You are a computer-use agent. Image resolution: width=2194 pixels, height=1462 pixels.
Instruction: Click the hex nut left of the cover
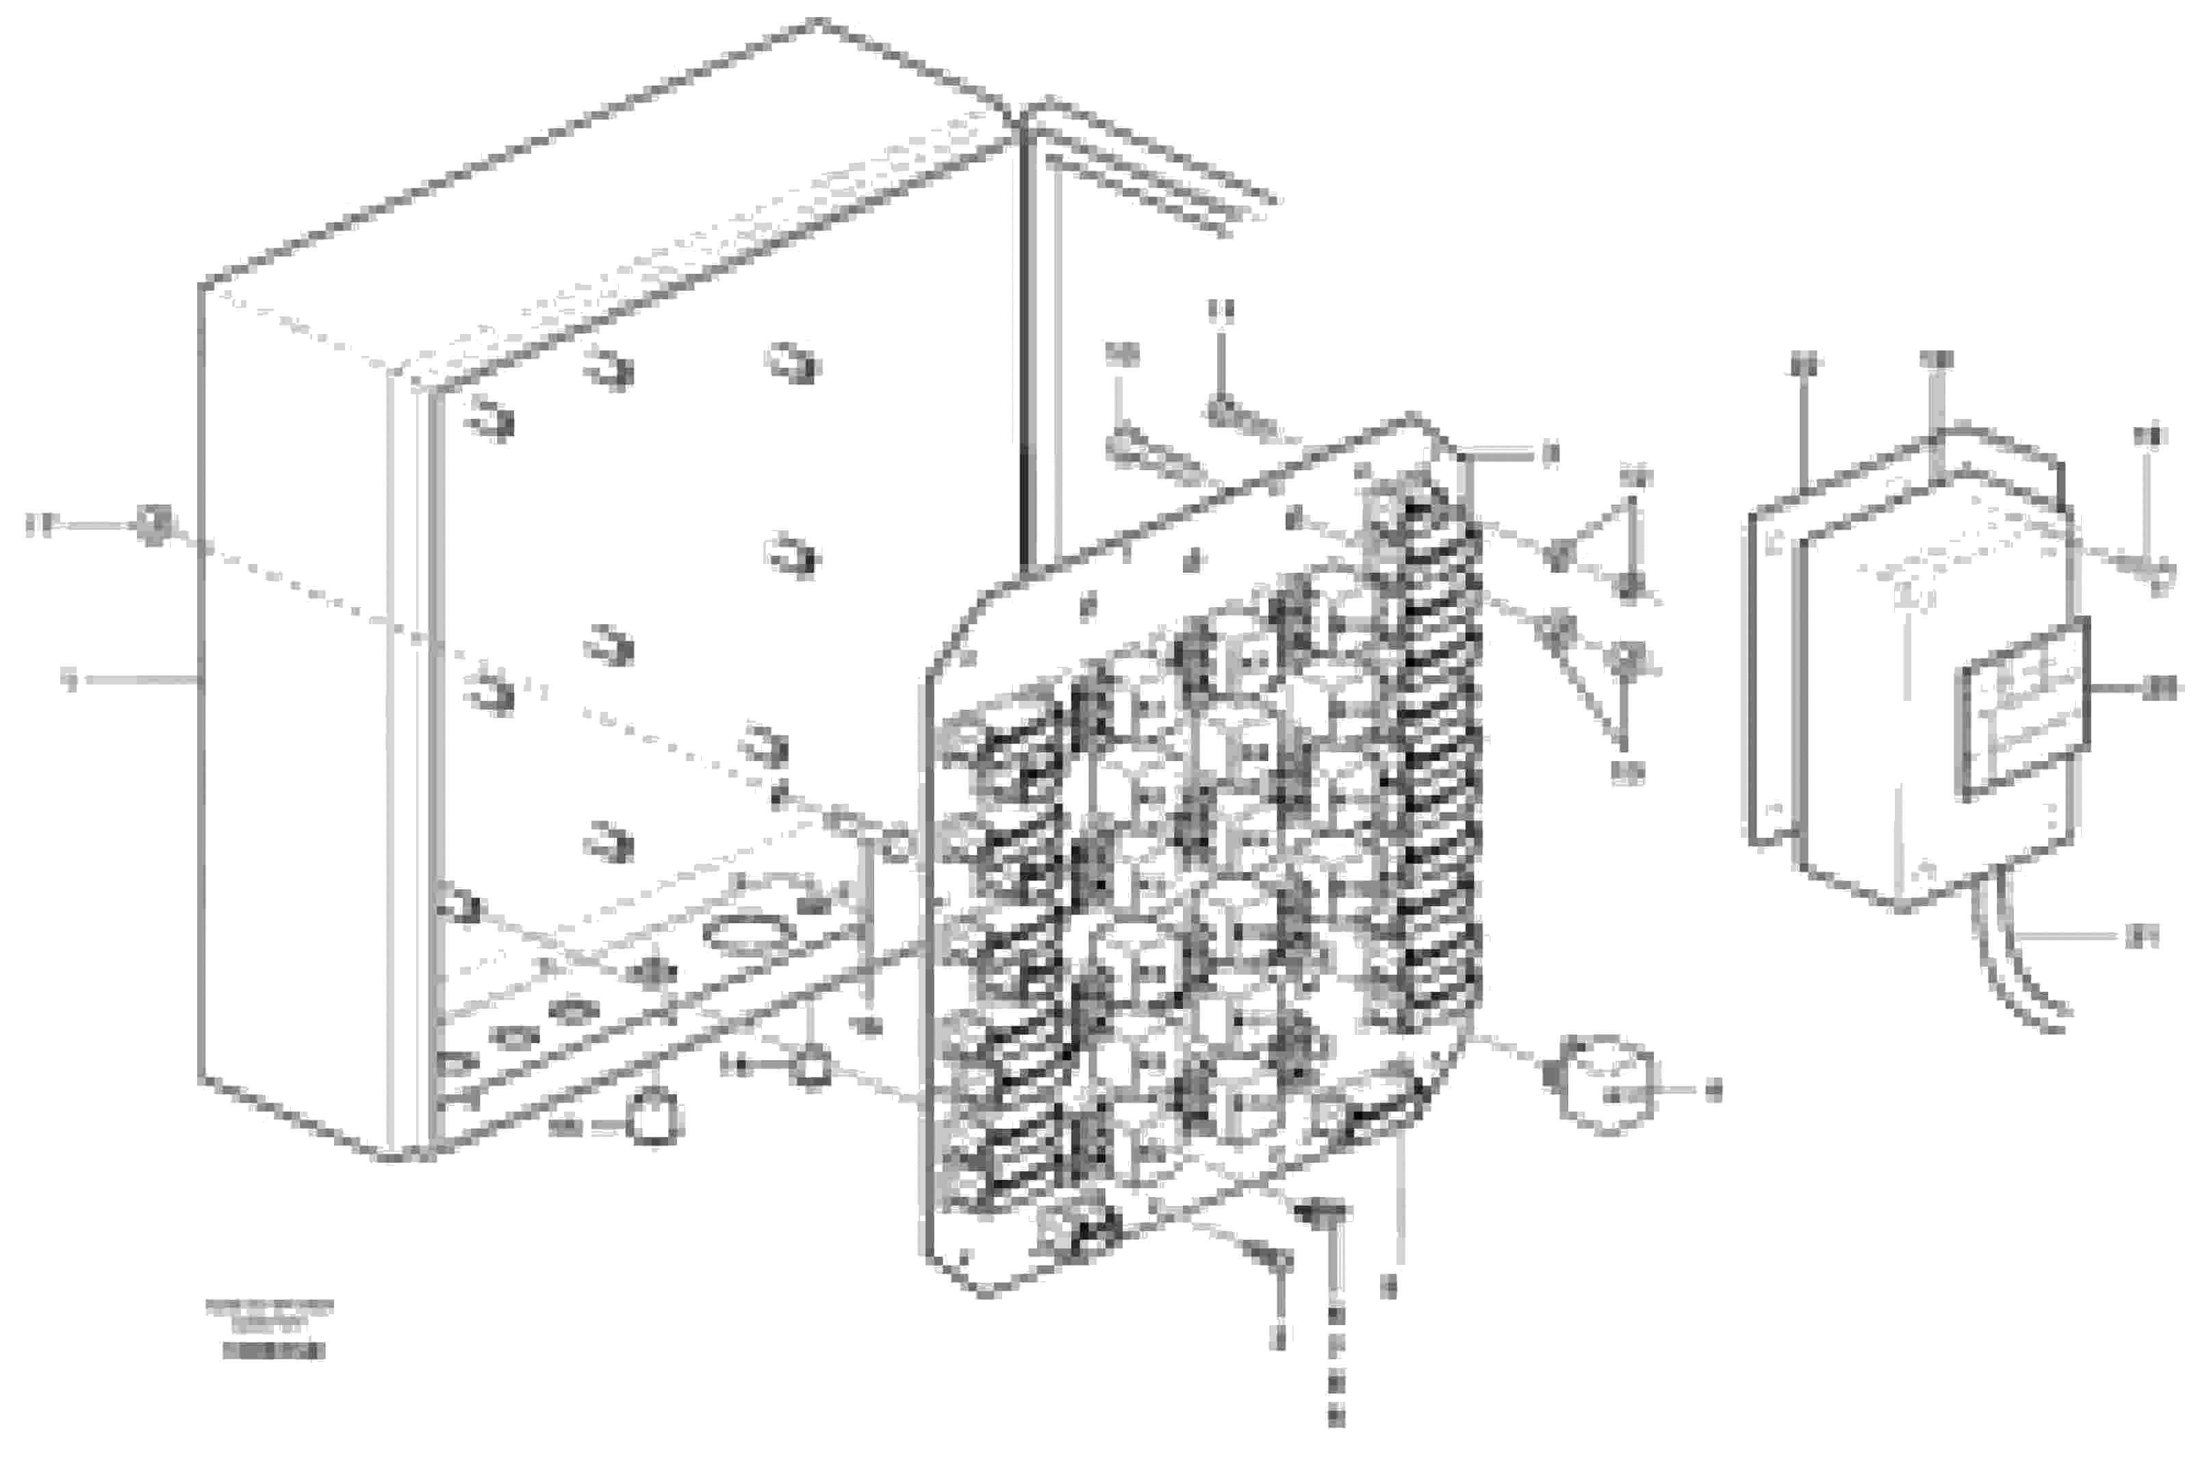pyautogui.click(x=151, y=525)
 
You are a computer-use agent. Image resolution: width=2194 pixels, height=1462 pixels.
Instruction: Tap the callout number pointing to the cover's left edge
pyautogui.click(x=69, y=680)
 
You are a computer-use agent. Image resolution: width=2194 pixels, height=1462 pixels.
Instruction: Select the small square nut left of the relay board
pyautogui.click(x=809, y=1065)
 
